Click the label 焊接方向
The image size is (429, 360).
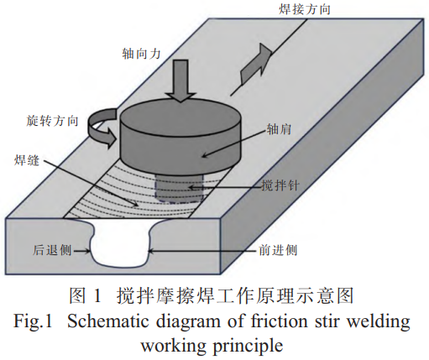pos(305,9)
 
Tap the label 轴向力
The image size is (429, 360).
pos(141,53)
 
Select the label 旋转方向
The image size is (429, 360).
pos(52,121)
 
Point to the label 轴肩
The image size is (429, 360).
pos(280,129)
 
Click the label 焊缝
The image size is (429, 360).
pos(27,160)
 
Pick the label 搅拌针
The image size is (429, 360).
pos(280,185)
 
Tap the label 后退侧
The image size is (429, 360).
pos(52,250)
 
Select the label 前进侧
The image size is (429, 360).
pos(278,250)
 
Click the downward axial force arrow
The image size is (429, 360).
pos(181,81)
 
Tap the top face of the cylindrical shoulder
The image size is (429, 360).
pos(180,115)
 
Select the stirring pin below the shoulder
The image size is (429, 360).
pos(179,187)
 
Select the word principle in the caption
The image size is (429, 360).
pos(248,347)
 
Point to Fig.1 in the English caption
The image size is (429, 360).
pos(33,321)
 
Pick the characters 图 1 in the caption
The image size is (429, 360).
pos(85,296)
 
